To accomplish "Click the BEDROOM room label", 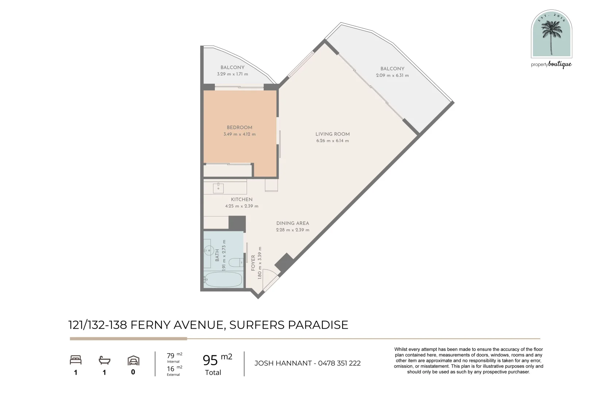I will [239, 127].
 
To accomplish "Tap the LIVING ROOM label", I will [332, 134].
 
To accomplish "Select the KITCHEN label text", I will [242, 199].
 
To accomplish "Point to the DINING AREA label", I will [292, 223].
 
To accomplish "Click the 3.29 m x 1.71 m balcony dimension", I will [232, 74].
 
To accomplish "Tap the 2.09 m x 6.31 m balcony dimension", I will [392, 76].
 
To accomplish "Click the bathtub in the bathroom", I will [223, 280].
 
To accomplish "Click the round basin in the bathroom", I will [209, 250].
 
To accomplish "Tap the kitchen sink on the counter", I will [218, 188].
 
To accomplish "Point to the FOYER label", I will [253, 263].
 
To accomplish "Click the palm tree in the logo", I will [551, 35].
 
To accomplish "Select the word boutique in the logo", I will [560, 65].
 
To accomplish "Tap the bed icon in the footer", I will [76, 360].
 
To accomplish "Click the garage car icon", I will [133, 360].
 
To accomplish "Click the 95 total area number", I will [210, 360].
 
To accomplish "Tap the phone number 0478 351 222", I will [339, 363].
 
